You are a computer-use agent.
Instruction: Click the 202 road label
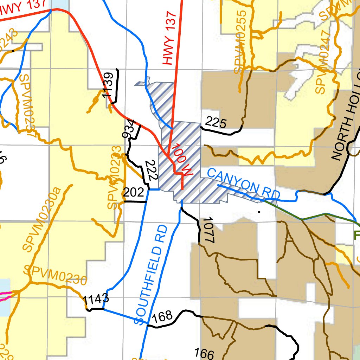(133, 192)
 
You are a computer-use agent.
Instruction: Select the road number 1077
(208, 230)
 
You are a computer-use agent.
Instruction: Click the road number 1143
(96, 300)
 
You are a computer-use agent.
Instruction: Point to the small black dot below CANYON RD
(259, 212)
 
